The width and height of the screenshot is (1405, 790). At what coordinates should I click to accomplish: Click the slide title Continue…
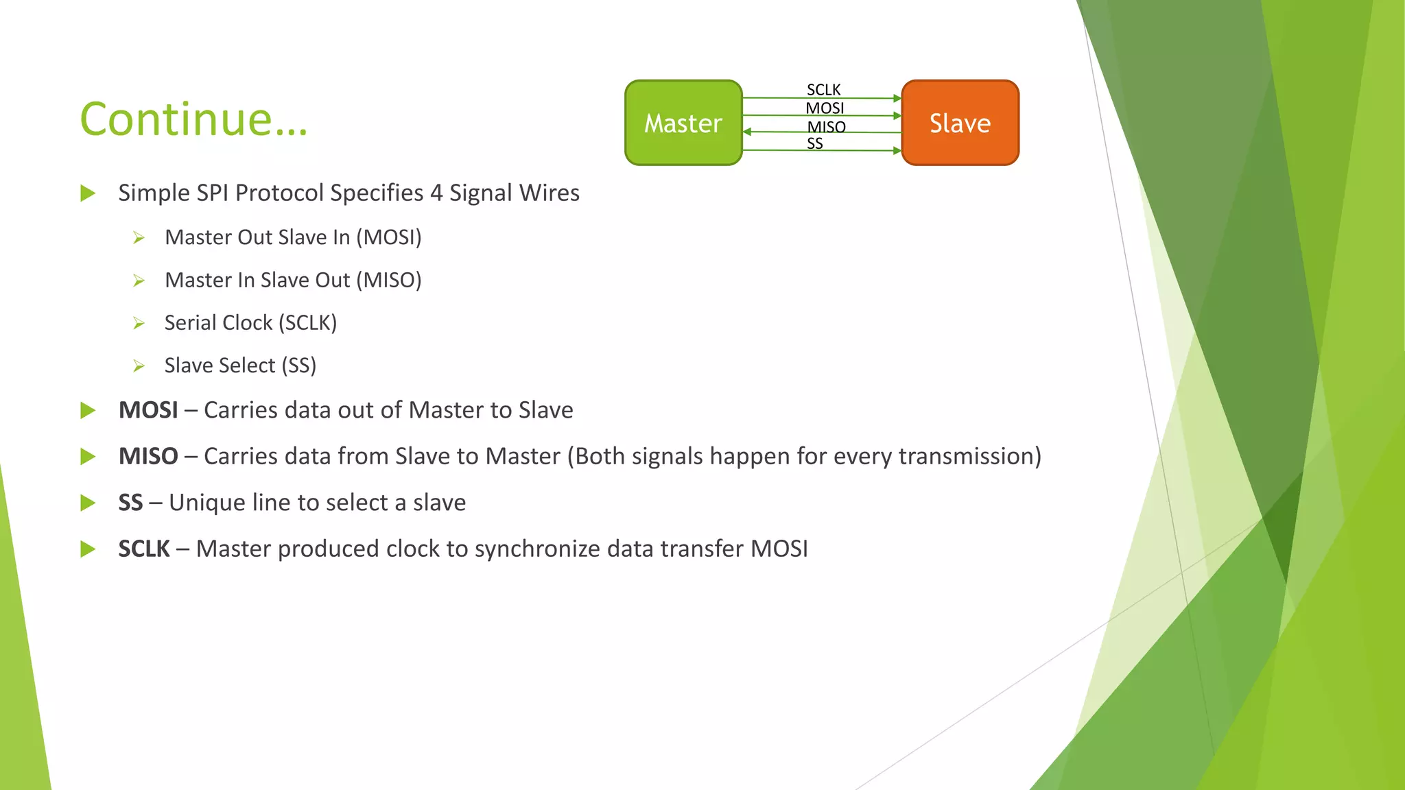coord(194,119)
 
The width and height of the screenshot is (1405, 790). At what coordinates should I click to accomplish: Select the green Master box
coord(683,123)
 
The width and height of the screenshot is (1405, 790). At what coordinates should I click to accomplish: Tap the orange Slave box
coord(960,123)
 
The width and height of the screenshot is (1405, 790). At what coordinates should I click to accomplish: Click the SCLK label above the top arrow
coord(823,90)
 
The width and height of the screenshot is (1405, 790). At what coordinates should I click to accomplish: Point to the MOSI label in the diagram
coord(825,108)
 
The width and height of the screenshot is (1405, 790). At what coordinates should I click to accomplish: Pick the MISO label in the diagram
coord(826,127)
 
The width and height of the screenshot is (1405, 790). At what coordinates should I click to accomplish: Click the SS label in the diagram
coord(814,143)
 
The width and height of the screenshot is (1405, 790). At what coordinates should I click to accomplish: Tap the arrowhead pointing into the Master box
coord(747,132)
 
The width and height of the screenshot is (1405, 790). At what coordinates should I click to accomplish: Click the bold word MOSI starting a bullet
coord(148,410)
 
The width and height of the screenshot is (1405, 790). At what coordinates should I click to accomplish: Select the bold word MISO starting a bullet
coord(148,456)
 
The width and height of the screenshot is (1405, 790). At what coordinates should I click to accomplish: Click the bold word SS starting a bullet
coord(130,503)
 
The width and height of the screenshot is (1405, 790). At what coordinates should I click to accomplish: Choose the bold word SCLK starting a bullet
coord(144,549)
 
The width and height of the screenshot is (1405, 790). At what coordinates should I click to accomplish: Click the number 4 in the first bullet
coord(436,193)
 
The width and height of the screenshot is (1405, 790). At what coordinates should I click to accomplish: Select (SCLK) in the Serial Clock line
coord(307,322)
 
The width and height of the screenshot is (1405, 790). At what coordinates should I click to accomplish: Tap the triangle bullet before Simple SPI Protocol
coord(88,193)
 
